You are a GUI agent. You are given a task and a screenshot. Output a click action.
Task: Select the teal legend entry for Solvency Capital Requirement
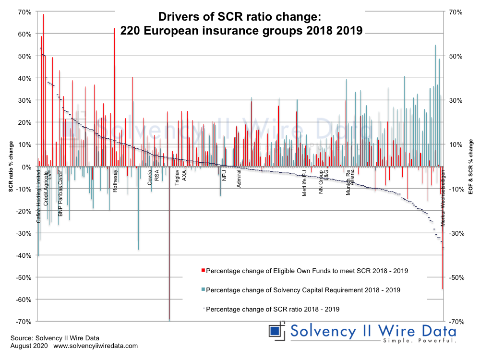303,290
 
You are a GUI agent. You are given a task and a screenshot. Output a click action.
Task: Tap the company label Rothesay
115,181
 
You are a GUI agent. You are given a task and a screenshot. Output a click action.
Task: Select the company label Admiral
239,177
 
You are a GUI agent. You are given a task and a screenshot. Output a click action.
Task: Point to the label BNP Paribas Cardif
60,192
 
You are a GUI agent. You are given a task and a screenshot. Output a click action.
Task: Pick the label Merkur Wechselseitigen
443,198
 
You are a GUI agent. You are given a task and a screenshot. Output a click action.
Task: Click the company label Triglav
177,178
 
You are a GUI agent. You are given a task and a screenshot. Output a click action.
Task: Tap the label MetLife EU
304,183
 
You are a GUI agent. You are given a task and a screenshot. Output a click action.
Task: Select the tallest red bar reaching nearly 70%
43,72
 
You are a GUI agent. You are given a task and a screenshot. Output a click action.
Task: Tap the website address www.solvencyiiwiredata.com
96,346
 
